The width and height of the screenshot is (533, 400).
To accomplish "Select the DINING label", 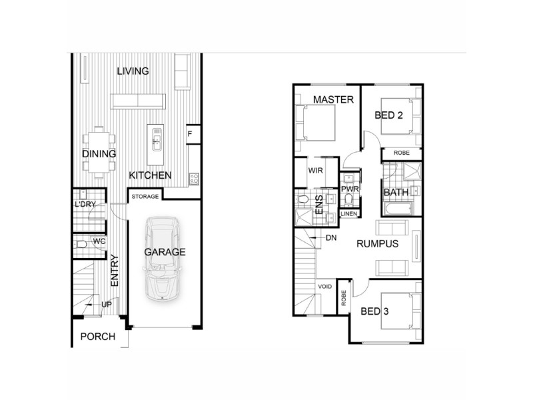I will point(99,154).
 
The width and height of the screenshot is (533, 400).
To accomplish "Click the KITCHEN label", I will point(150,175).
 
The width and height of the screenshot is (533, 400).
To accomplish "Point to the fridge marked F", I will point(190,134).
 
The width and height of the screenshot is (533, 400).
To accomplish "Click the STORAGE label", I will point(144,197).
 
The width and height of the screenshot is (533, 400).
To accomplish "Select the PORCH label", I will point(97,337).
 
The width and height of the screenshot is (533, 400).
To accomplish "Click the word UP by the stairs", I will point(106,304).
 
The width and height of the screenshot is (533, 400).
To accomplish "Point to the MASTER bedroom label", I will point(328,99).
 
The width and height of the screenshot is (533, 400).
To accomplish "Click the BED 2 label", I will point(388,115).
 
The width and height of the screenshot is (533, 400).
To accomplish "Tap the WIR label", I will point(315,171).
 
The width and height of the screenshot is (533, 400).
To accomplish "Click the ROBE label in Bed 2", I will point(402,153).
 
